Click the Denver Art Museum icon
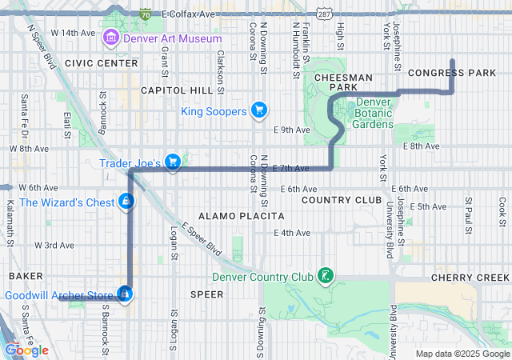[110, 38]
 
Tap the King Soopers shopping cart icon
[258, 110]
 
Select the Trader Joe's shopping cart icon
[172, 162]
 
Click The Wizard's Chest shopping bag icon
[126, 202]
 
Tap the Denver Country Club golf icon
[325, 277]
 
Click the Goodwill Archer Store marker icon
[125, 295]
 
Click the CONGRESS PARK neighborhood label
[452, 73]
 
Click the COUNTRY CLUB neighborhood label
[334, 199]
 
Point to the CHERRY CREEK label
[470, 277]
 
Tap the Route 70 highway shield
[145, 14]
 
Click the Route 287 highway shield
[323, 14]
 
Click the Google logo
[27, 350]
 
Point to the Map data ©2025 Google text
[462, 354]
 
